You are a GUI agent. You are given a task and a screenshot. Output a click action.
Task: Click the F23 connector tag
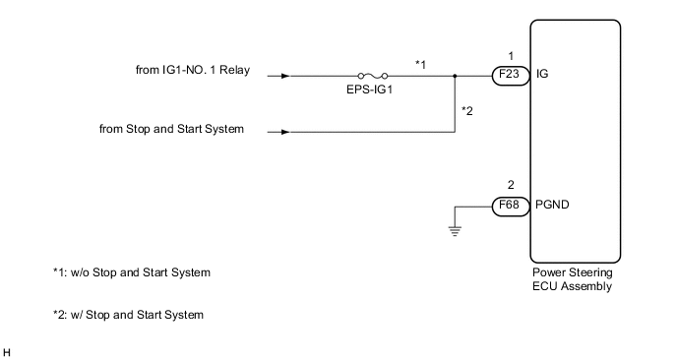509,74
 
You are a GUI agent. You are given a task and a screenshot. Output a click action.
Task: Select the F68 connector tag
509,207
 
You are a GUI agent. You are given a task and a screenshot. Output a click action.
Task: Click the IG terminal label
543,74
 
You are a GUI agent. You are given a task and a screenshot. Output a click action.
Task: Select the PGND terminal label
551,207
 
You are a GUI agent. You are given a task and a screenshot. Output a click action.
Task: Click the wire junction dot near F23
454,75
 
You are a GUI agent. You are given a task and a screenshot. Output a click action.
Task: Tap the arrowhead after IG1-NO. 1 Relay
285,75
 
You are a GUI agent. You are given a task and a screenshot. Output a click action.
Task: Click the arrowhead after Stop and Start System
285,130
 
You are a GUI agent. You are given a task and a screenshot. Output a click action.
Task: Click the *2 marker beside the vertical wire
468,110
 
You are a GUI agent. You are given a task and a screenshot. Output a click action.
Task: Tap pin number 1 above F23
509,55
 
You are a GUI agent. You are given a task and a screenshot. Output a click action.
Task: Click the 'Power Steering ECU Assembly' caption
573,280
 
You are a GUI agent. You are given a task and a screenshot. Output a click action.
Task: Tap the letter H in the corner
7,350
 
